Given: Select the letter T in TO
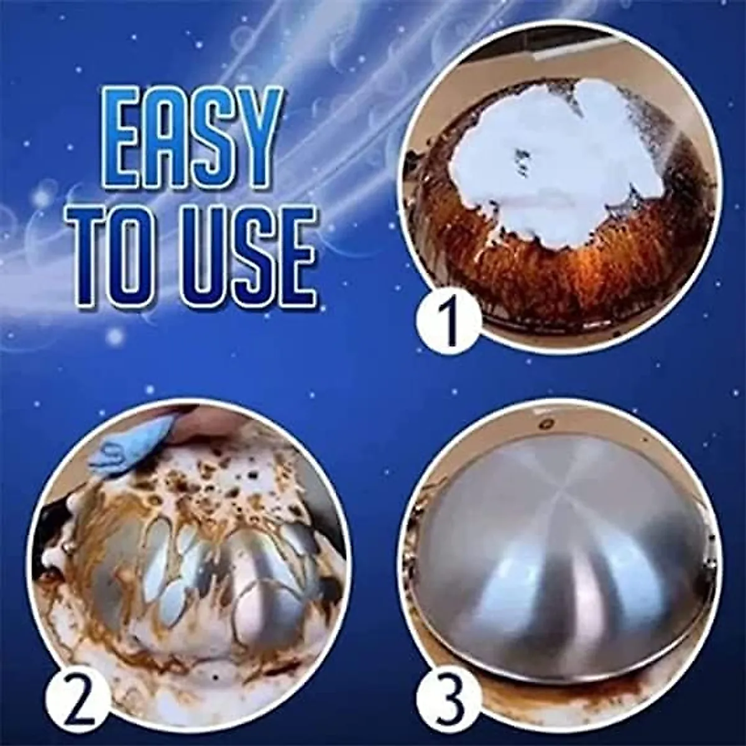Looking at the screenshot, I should [99, 254].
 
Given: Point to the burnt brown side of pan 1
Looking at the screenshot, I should [528, 267].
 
